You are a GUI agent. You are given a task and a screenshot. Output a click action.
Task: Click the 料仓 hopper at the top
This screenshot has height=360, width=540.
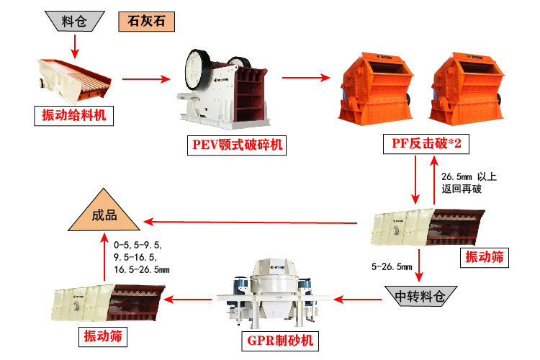point(74,21)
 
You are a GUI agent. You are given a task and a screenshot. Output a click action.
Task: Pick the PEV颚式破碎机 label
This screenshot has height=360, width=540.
point(237,145)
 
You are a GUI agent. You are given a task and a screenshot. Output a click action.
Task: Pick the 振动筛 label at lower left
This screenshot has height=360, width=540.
point(102,336)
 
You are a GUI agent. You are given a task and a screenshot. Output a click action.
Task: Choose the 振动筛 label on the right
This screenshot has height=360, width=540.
point(484,256)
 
